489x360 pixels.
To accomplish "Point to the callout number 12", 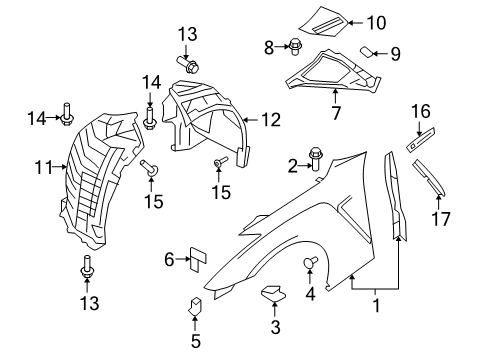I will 272,121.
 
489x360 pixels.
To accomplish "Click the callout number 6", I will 169,261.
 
